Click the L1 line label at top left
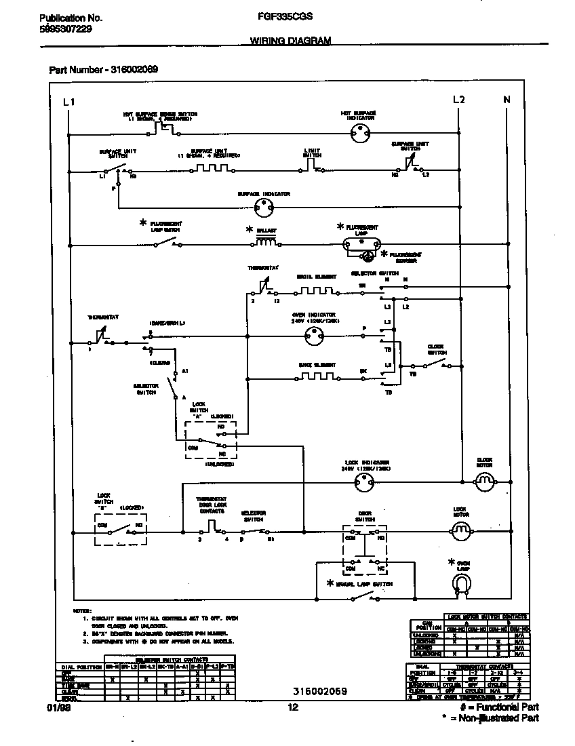click(x=68, y=102)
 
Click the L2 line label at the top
click(x=459, y=100)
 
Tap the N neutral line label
click(x=506, y=100)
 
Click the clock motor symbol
click(x=484, y=482)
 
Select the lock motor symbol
click(x=461, y=530)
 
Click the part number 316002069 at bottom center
click(x=320, y=691)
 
